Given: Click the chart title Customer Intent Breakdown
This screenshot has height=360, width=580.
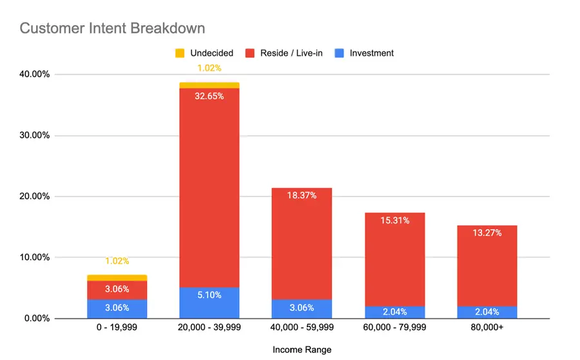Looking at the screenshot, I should point(112,28).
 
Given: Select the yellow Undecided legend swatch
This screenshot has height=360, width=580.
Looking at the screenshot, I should point(180,53).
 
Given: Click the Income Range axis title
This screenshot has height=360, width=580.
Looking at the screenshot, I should point(302,350).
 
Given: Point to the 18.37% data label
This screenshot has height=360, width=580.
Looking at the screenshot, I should point(302,195).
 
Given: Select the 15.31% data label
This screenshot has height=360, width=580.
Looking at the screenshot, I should point(394,220).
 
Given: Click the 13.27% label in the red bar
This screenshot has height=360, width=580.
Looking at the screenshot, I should point(487,232).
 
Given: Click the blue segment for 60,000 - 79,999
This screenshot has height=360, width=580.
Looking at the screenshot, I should point(394,312).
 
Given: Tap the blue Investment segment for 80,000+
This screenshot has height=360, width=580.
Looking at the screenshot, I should point(487,312).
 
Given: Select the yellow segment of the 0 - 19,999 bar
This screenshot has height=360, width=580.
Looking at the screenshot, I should point(117,278).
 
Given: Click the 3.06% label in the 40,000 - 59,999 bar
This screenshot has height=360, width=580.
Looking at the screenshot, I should point(302,308).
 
